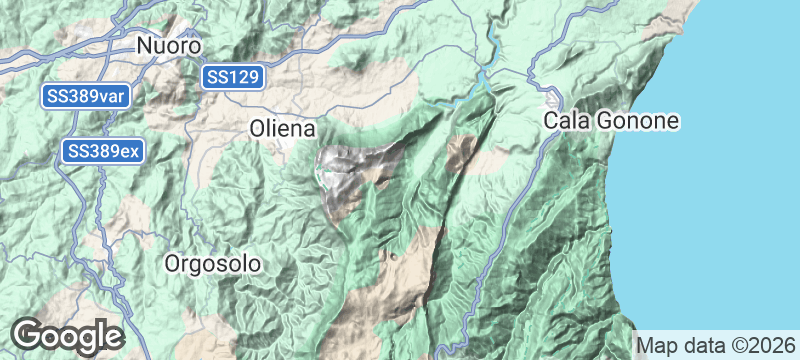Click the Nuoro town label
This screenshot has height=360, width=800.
[x=169, y=46]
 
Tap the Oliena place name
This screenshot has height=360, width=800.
[x=282, y=129]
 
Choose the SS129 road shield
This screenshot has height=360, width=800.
[x=233, y=77]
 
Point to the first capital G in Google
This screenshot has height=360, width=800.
[x=27, y=335]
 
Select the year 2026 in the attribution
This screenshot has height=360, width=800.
[x=773, y=344]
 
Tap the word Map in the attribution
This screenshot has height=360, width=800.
[x=657, y=344]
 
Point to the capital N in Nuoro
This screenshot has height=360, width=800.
[x=145, y=46]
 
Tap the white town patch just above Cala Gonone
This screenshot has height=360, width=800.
[x=553, y=100]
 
